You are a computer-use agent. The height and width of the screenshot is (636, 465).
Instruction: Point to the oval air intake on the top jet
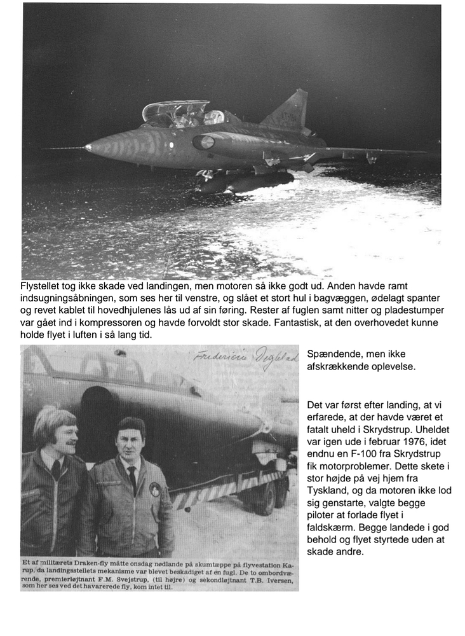(x=203, y=142)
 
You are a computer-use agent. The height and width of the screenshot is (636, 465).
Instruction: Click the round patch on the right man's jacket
(x=155, y=490)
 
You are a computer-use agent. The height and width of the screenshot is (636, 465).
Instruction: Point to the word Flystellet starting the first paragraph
(x=44, y=286)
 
